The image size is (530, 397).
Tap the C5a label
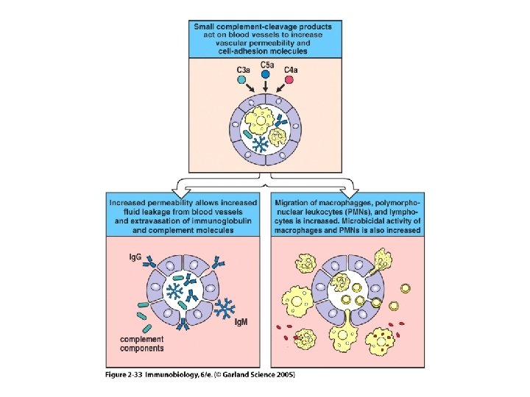[x=266, y=65]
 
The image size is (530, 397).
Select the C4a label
[x=290, y=70]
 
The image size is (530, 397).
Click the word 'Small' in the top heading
[x=206, y=27]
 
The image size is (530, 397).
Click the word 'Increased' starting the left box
[x=130, y=201]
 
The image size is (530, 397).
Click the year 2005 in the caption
[x=284, y=375]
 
